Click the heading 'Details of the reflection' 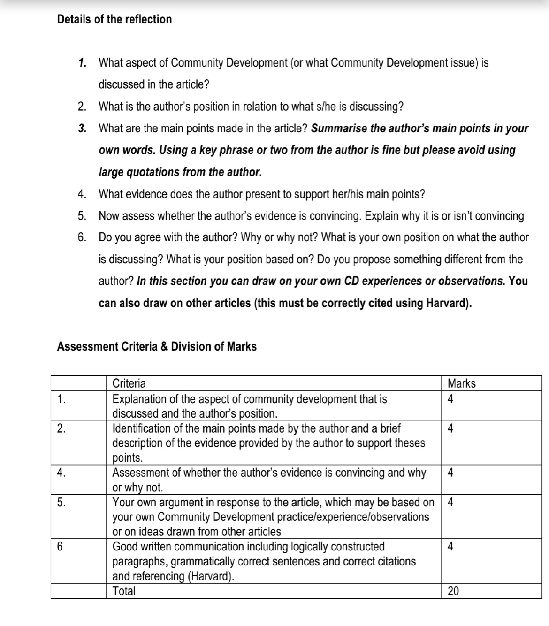[114, 19]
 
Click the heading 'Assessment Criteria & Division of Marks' [156, 346]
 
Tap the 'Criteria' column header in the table [129, 383]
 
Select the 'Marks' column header [461, 383]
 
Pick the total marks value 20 [453, 591]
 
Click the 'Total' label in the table [124, 591]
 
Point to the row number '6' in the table [60, 547]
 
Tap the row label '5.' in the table [61, 503]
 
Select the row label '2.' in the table [61, 428]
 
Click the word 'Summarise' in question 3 [339, 128]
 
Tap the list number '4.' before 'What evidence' [82, 194]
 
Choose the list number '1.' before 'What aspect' [83, 62]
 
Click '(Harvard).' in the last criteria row [211, 576]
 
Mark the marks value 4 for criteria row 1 [450, 399]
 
